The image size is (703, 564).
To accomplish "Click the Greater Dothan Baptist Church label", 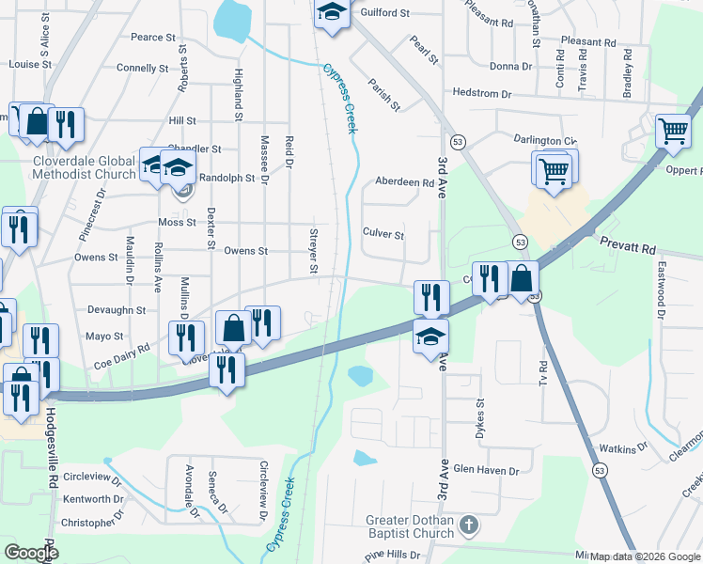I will point(410,527).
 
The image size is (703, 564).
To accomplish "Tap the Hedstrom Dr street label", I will point(481,94).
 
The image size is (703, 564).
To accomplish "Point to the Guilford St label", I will point(380,13).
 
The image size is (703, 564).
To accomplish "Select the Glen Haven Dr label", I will point(486,470).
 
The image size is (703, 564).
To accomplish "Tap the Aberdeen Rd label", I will point(404,182).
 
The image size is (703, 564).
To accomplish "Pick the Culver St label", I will point(383,234).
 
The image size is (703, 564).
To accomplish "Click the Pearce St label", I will point(153,38).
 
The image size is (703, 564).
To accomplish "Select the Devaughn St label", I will point(116,309).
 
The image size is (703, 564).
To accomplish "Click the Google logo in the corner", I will point(30,553).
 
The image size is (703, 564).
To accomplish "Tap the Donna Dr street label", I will point(510,66).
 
